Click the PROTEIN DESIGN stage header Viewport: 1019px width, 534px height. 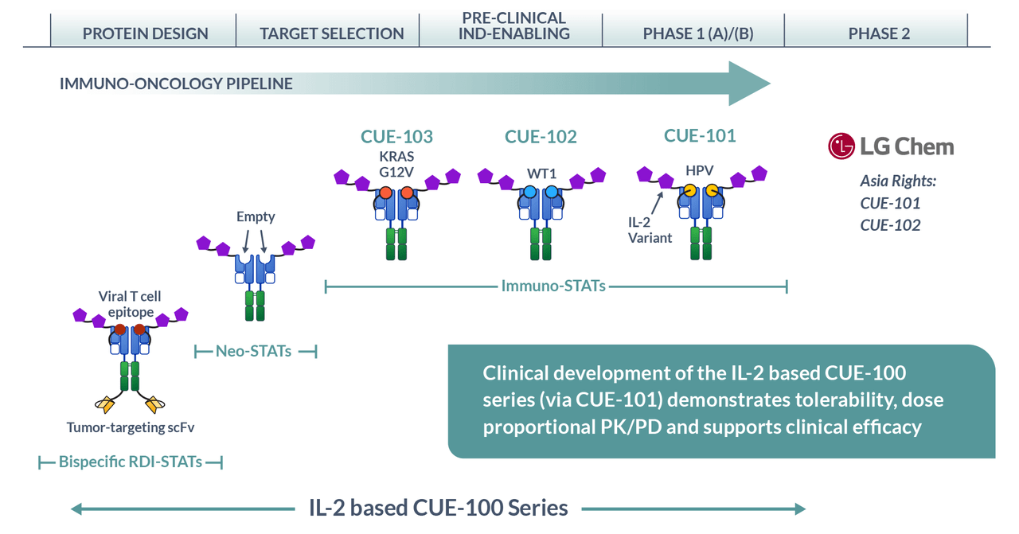pyautogui.click(x=145, y=33)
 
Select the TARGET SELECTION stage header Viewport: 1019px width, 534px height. pyautogui.click(x=332, y=33)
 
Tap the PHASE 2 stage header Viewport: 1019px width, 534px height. pyautogui.click(x=879, y=33)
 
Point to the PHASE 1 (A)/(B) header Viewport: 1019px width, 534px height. pyautogui.click(x=698, y=33)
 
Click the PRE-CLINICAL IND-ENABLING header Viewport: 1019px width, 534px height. pyautogui.click(x=514, y=26)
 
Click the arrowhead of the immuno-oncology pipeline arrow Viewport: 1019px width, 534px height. pyautogui.click(x=749, y=84)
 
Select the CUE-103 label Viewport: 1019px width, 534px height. pyautogui.click(x=396, y=136)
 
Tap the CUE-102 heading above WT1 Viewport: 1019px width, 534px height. pyautogui.click(x=541, y=136)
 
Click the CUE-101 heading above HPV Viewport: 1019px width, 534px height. pyautogui.click(x=700, y=135)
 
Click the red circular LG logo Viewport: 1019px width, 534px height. pyautogui.click(x=841, y=146)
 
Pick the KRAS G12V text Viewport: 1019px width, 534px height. pyautogui.click(x=396, y=164)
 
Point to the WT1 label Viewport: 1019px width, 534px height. pyautogui.click(x=541, y=173)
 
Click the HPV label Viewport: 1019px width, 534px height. pyautogui.click(x=699, y=170)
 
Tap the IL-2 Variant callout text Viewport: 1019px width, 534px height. pyautogui.click(x=650, y=230)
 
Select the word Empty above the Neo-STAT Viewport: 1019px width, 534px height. pyautogui.click(x=256, y=216)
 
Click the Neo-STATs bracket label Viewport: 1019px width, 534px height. pyautogui.click(x=253, y=351)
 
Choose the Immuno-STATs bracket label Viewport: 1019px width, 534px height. pyautogui.click(x=553, y=286)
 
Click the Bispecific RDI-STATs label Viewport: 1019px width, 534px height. pyautogui.click(x=131, y=462)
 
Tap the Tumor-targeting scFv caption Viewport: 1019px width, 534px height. pyautogui.click(x=131, y=427)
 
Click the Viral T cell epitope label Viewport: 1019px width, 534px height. pyautogui.click(x=130, y=304)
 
